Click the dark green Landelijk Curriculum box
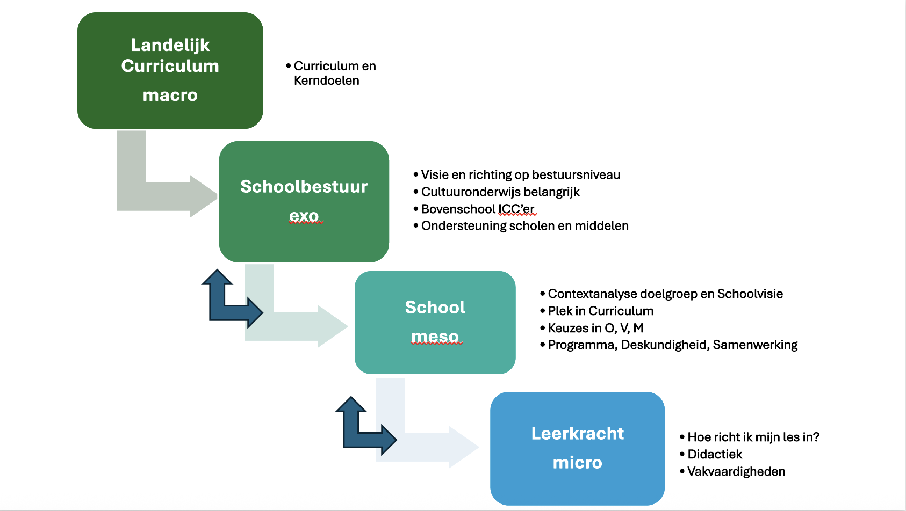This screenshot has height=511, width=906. click(170, 71)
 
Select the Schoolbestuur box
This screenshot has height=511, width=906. click(304, 202)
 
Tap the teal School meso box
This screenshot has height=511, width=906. click(435, 323)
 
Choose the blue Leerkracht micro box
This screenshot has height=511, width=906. click(577, 448)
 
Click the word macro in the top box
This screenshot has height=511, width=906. click(170, 96)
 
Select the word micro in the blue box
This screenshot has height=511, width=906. click(577, 463)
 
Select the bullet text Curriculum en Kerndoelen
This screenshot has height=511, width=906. click(331, 73)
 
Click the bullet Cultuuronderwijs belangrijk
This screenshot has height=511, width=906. click(497, 192)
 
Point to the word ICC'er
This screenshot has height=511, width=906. click(516, 209)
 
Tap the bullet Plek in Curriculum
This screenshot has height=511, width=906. click(596, 311)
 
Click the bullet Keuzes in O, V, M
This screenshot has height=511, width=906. click(592, 328)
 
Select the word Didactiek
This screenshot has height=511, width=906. click(715, 455)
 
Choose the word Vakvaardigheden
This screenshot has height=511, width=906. click(736, 471)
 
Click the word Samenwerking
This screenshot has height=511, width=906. click(755, 345)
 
